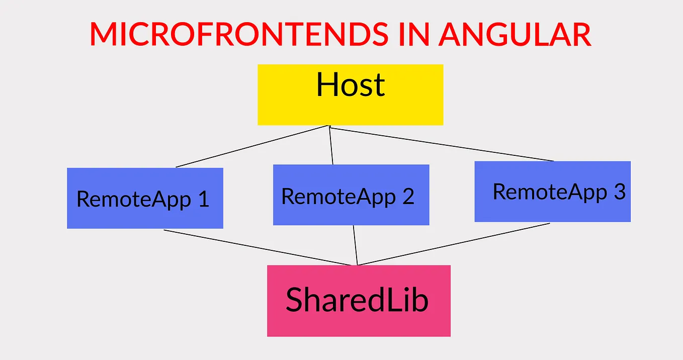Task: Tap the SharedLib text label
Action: click(357, 300)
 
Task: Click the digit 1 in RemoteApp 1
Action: click(203, 200)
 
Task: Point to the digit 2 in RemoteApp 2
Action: click(408, 196)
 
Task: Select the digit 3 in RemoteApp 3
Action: click(619, 192)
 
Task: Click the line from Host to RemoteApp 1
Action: click(251, 146)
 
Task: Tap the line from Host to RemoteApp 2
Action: click(331, 146)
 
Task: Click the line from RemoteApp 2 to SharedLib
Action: click(355, 245)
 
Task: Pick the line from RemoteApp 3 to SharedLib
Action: click(453, 244)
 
